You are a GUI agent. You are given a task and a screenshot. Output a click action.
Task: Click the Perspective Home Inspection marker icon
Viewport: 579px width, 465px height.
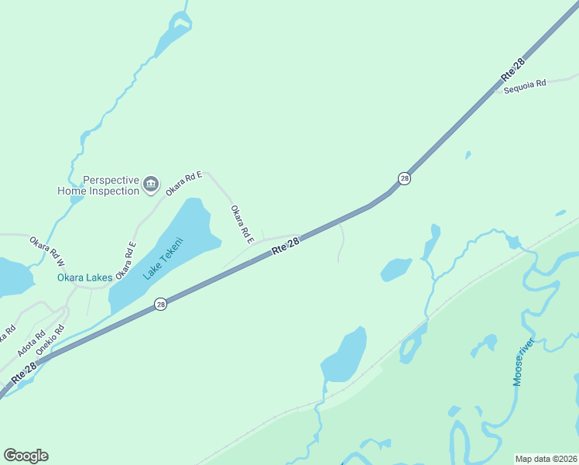(x=150, y=185)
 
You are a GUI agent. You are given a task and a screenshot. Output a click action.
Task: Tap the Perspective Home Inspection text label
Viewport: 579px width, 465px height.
(x=98, y=185)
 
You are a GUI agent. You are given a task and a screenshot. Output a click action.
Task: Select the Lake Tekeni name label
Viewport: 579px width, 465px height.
(x=164, y=257)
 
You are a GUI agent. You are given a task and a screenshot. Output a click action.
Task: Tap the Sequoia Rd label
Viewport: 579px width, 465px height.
(x=525, y=86)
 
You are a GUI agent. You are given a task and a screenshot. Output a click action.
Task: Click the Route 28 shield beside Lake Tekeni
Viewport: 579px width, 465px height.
(x=160, y=305)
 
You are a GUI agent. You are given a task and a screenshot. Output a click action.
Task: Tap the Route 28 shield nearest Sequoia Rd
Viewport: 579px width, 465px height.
(x=404, y=179)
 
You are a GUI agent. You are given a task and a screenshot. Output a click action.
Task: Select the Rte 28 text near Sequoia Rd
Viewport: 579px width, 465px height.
(x=512, y=69)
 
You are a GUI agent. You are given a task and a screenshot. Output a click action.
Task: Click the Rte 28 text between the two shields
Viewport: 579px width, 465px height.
(x=286, y=245)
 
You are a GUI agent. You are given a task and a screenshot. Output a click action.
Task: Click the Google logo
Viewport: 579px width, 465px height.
(x=26, y=456)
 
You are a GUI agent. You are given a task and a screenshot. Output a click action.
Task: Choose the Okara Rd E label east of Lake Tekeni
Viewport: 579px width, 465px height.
(x=242, y=224)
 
